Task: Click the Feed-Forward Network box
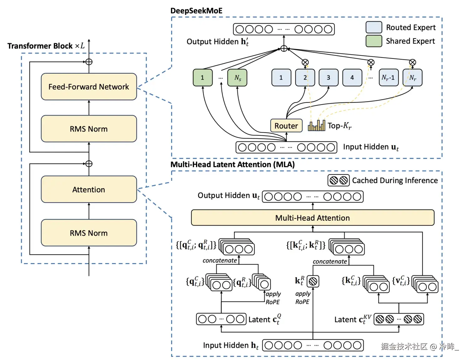(89, 87)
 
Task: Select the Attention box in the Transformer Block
(89, 190)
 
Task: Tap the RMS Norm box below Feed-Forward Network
(89, 129)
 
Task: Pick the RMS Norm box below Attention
(89, 233)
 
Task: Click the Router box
(286, 126)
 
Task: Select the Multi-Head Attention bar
(313, 218)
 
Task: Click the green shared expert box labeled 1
(202, 78)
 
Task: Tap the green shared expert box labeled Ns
(237, 78)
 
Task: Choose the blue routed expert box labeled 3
(328, 78)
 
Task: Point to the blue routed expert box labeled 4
(352, 78)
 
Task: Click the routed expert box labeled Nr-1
(388, 78)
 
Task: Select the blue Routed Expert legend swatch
(374, 27)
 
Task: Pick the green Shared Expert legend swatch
(374, 41)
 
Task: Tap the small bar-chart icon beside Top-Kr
(316, 126)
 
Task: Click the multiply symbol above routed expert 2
(305, 62)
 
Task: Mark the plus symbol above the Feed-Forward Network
(89, 62)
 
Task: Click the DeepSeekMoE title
(196, 11)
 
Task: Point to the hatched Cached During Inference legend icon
(338, 180)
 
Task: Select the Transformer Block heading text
(46, 46)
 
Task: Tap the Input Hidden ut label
(371, 147)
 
